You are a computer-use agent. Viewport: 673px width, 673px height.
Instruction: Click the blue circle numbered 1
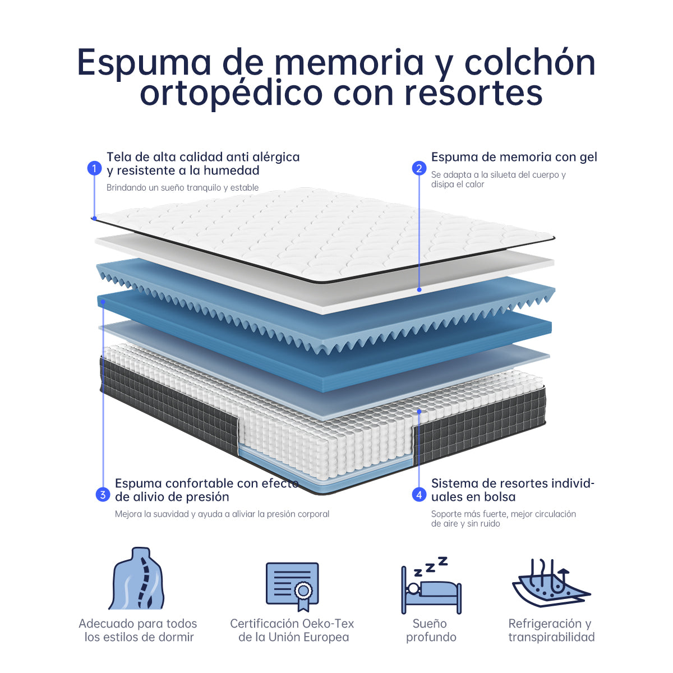(x=94, y=168)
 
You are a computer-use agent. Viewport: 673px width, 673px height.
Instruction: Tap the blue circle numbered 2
(x=419, y=168)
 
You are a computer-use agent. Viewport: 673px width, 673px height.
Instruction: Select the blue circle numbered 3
(x=103, y=495)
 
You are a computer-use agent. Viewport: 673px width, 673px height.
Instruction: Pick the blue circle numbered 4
(x=419, y=495)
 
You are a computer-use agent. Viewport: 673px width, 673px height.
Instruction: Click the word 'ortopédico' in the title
(x=231, y=93)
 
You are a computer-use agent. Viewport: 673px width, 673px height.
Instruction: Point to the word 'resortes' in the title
(x=473, y=93)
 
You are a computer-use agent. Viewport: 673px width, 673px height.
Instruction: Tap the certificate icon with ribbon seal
(x=292, y=587)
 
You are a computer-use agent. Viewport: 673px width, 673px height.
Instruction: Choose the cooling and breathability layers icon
(x=551, y=587)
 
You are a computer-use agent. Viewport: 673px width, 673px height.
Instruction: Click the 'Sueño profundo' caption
(x=431, y=630)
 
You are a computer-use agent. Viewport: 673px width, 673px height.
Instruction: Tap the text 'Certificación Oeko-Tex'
(x=292, y=624)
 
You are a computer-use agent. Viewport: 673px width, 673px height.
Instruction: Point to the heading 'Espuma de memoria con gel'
(x=514, y=157)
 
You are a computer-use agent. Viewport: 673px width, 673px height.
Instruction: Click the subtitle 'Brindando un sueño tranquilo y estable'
(x=182, y=187)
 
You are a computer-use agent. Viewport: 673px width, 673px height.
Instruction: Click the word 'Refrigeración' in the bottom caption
(x=545, y=624)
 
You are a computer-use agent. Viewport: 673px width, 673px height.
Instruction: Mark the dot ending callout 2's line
(x=419, y=289)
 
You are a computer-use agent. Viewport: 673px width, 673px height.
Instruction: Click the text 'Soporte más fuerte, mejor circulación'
(x=503, y=514)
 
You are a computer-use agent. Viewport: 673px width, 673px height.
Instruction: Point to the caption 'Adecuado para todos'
(x=137, y=624)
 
